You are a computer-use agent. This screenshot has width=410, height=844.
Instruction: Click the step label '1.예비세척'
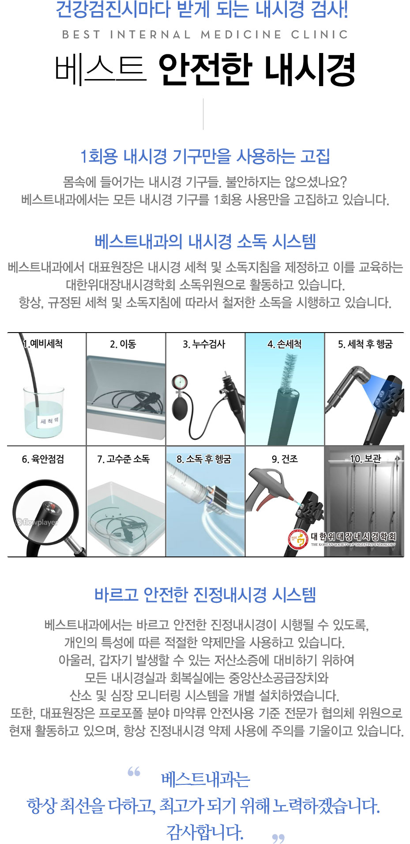pos(43,344)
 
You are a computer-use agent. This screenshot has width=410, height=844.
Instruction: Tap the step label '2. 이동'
pos(123,344)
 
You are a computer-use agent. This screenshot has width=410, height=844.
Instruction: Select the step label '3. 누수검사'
pos(204,344)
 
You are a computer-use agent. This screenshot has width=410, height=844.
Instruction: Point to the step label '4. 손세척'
pos(285,344)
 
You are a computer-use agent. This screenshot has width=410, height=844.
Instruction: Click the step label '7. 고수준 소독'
pos(123,459)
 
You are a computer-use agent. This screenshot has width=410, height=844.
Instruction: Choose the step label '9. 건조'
pos(285,459)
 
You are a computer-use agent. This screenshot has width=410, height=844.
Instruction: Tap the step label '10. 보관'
pos(365,458)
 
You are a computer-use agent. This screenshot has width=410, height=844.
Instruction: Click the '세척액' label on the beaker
pos(49,421)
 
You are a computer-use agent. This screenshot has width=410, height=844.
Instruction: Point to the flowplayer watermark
pos(37,522)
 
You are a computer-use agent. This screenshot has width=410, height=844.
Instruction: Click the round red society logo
pos(298,540)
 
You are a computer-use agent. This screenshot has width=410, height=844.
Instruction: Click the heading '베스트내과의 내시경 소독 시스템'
pos(205,241)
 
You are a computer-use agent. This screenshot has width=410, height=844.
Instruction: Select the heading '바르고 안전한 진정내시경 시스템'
pos(205,594)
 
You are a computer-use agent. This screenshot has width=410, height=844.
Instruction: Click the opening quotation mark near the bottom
pos(134,772)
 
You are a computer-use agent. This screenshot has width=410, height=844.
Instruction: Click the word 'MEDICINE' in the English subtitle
pos(241,34)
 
